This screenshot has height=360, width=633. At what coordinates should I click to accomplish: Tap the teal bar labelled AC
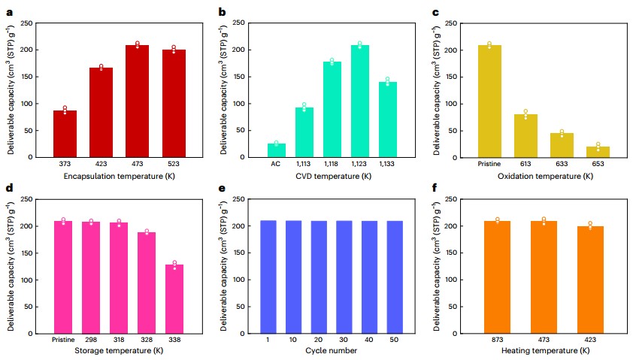[x=277, y=150]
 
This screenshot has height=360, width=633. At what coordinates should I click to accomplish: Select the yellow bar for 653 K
[x=598, y=152]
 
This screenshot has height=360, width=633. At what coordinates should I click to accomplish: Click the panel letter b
[x=222, y=12]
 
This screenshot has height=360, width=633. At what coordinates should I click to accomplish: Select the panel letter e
[x=222, y=188]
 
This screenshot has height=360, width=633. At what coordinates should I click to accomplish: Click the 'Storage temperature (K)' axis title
[x=119, y=352]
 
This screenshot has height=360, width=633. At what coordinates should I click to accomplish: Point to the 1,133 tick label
[x=388, y=164]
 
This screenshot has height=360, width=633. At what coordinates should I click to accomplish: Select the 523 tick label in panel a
[x=174, y=164]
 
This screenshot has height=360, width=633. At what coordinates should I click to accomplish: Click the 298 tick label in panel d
[x=91, y=340]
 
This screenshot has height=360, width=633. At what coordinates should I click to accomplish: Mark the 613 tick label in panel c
[x=525, y=164]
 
